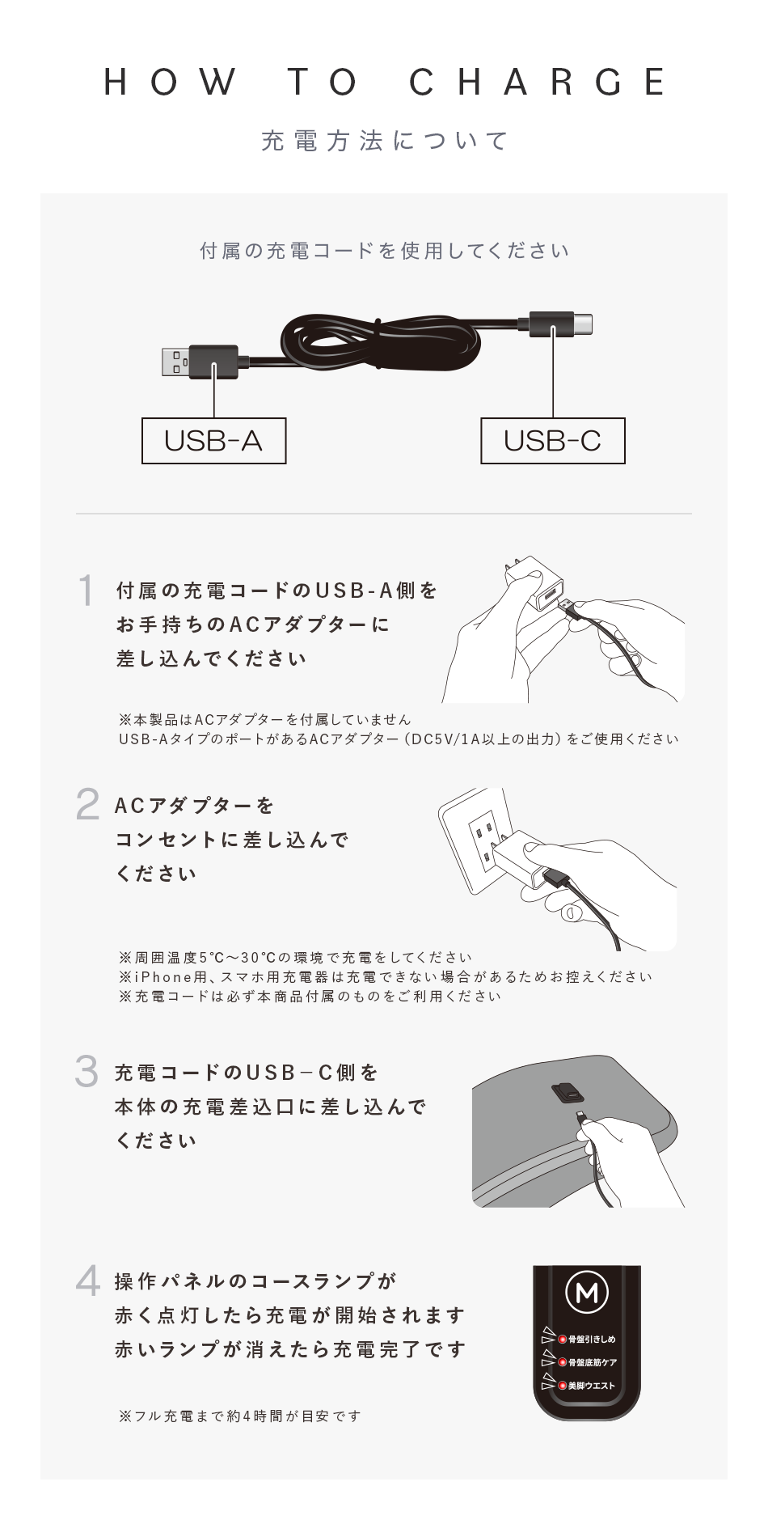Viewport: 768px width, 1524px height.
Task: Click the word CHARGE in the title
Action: coord(538,83)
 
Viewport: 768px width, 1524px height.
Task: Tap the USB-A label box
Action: coord(213,441)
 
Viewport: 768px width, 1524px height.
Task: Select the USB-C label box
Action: coord(553,441)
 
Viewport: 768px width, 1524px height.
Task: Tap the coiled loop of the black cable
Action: coord(380,344)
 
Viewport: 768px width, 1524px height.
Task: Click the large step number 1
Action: coord(86,591)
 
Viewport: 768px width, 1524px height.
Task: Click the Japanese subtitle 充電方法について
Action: coord(384,141)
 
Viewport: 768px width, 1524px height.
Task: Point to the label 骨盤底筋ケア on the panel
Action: coord(593,1363)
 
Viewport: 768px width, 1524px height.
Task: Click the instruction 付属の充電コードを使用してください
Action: coord(384,251)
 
